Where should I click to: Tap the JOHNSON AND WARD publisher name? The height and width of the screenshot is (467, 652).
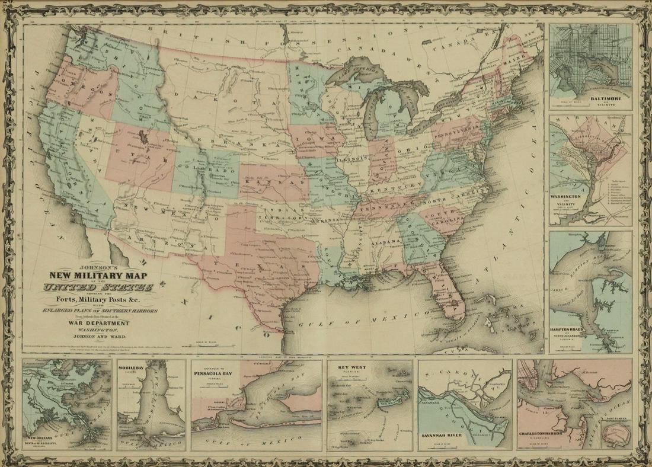point(98,335)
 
